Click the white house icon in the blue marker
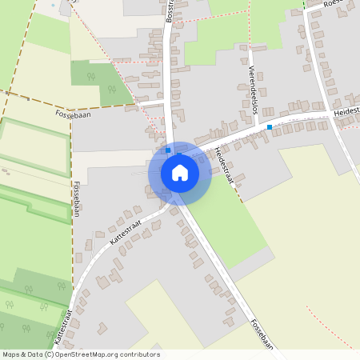pos(179,173)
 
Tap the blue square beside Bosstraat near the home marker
pos(168,150)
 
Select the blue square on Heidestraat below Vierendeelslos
pos(270,127)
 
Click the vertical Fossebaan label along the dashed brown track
pos(76,198)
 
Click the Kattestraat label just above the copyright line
pos(59,328)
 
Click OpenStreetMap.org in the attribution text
pos(98,354)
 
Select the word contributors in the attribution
pos(142,354)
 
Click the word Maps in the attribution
pos(11,354)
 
